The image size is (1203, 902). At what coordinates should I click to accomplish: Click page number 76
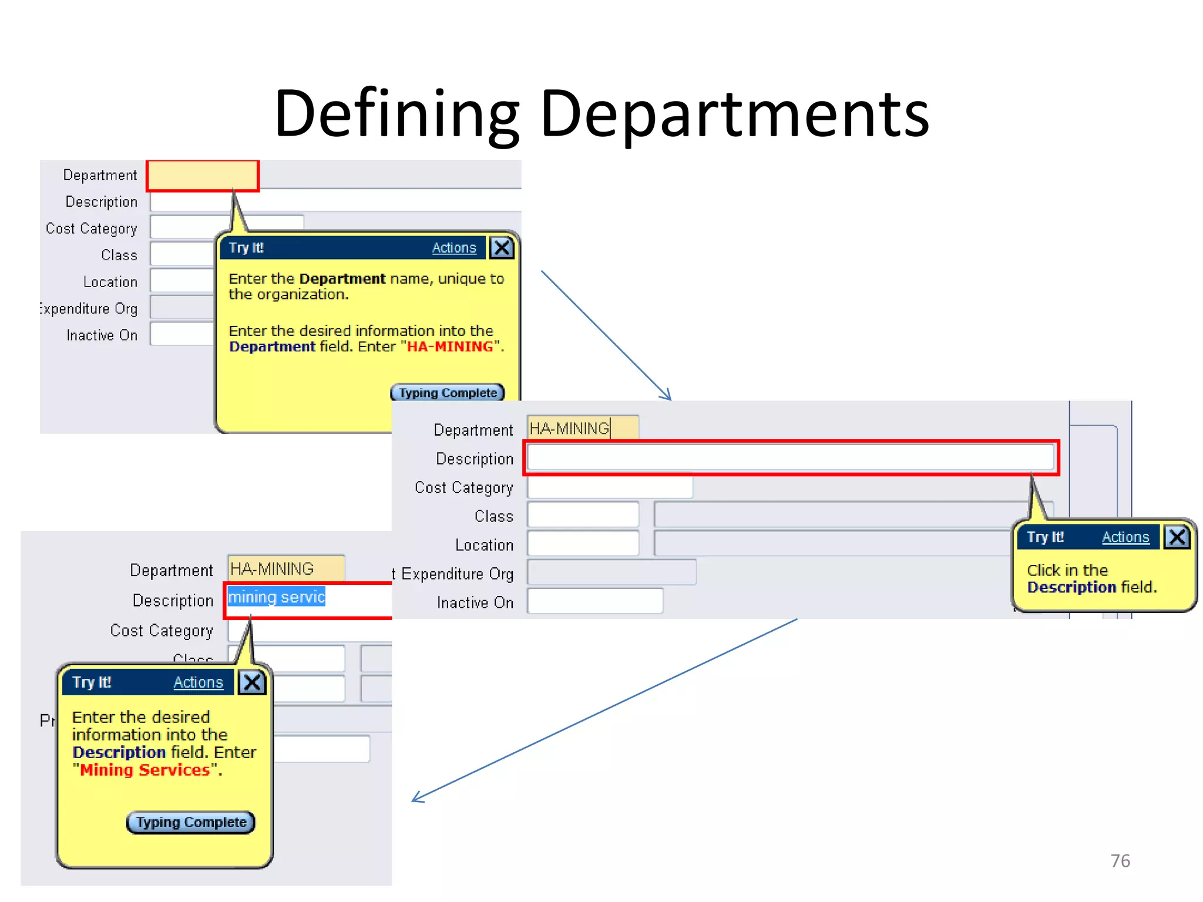pos(1120,860)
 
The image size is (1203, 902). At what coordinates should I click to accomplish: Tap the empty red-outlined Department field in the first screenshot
pos(202,176)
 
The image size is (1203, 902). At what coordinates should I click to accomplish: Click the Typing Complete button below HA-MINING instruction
pos(448,393)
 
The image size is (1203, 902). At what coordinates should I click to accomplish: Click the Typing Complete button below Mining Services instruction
pos(191,822)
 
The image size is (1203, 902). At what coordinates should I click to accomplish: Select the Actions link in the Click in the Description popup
pos(1125,537)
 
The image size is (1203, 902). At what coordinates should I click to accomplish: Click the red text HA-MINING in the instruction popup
pos(450,346)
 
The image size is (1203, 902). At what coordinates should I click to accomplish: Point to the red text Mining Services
pos(145,770)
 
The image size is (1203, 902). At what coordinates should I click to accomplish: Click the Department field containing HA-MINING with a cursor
pos(582,428)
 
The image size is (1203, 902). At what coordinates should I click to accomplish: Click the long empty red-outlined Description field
pos(790,457)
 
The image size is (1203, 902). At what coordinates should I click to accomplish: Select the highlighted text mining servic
pos(276,597)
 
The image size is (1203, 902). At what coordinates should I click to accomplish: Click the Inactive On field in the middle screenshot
pos(594,601)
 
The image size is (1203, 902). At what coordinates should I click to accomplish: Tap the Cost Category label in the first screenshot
pos(92,228)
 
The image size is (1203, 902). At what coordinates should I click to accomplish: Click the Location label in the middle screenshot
pos(484,545)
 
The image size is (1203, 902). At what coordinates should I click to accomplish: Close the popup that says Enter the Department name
pos(502,248)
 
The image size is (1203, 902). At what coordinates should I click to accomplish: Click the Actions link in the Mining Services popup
pos(198,682)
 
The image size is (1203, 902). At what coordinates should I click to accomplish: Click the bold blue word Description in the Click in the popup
pos(1071,587)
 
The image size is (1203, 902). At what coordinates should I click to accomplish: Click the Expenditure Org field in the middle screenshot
pos(611,573)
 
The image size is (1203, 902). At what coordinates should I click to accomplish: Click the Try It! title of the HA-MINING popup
pos(246,248)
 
